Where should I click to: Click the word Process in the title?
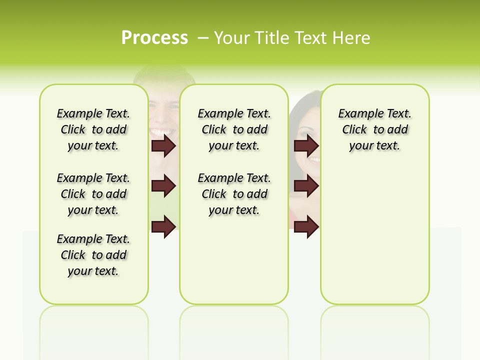(154, 38)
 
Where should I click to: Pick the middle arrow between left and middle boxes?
(163, 186)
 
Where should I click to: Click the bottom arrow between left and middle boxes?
(163, 226)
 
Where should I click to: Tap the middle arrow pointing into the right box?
(306, 186)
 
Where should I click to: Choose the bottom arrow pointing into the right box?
(306, 226)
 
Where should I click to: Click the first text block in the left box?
(93, 129)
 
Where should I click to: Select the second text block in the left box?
(93, 194)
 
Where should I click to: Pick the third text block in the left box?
(93, 255)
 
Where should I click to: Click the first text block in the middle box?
(234, 129)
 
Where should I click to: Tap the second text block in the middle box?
(234, 194)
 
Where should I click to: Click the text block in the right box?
(374, 129)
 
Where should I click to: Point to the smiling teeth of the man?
(161, 132)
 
